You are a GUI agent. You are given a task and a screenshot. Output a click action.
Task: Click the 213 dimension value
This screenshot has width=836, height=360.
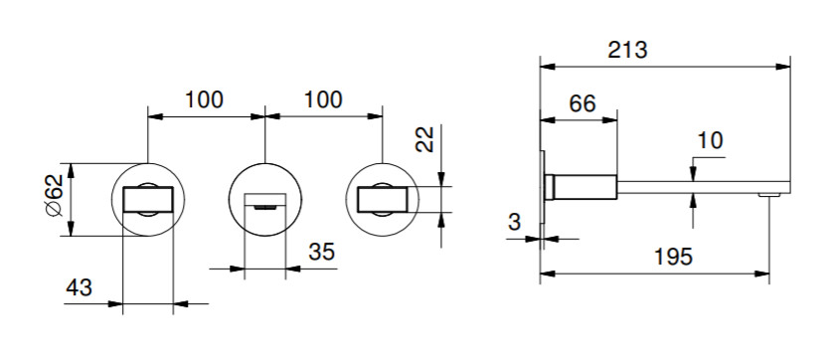coord(627,50)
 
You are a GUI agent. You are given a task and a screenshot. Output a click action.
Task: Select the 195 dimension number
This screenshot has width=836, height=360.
coord(673,257)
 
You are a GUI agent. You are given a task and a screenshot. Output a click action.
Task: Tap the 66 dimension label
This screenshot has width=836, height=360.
coord(582,103)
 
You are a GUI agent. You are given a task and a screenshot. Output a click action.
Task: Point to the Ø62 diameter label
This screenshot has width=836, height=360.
coord(55,195)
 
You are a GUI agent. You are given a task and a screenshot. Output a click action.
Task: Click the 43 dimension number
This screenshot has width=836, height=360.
coord(79,288)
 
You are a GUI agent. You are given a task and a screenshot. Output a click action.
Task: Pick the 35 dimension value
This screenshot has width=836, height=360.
coord(321,252)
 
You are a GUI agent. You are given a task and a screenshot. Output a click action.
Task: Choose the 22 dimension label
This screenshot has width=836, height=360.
coord(424,139)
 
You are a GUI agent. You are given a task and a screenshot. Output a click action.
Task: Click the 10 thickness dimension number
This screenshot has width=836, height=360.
coord(710,141)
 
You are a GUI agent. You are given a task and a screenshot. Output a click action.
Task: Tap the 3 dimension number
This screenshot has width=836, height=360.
coord(514,222)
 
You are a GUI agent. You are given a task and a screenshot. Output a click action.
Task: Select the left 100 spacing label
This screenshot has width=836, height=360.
coord(204,99)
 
